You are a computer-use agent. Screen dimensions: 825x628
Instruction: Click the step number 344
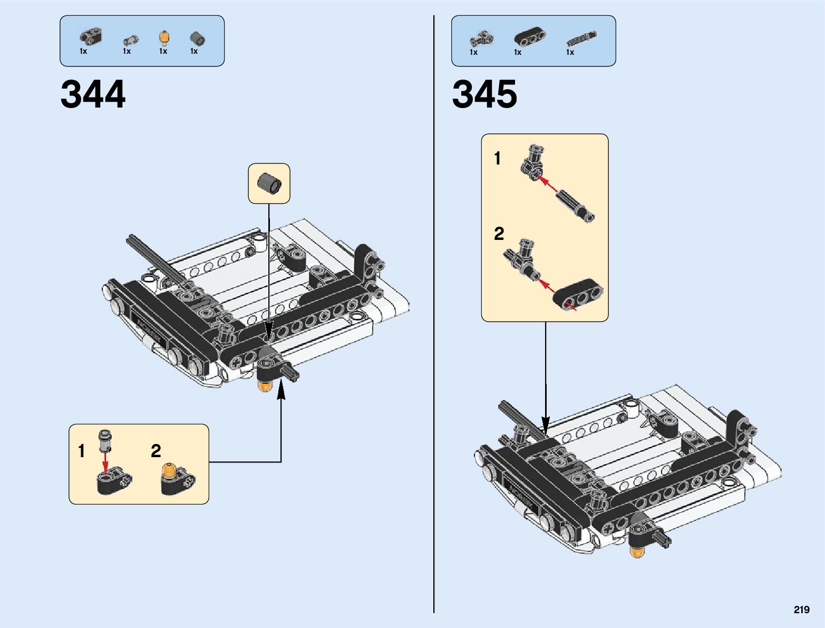93,94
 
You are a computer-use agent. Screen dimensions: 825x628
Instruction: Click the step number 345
484,94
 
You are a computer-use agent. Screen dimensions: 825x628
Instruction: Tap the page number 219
801,610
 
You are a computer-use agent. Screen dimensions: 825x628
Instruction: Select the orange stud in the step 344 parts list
164,38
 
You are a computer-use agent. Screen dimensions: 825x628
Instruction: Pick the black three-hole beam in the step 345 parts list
529,36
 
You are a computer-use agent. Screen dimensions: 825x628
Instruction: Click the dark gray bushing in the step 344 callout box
269,183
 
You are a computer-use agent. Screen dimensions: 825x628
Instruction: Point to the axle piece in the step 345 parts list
581,38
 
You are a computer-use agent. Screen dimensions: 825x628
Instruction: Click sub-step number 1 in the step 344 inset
82,451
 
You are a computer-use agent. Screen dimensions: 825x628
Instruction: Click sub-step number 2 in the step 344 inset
156,451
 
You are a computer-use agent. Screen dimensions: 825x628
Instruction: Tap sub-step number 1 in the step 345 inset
498,158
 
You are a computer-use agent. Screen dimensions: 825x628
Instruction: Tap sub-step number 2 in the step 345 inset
499,234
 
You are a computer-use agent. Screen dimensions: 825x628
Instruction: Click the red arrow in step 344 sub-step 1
106,463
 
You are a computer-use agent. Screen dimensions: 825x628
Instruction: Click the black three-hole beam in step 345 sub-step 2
578,294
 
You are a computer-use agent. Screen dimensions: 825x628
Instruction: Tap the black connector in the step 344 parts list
91,37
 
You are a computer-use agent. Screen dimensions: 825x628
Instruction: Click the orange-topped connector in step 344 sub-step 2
178,479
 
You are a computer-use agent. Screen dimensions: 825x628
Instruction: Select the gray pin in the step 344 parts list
130,40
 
